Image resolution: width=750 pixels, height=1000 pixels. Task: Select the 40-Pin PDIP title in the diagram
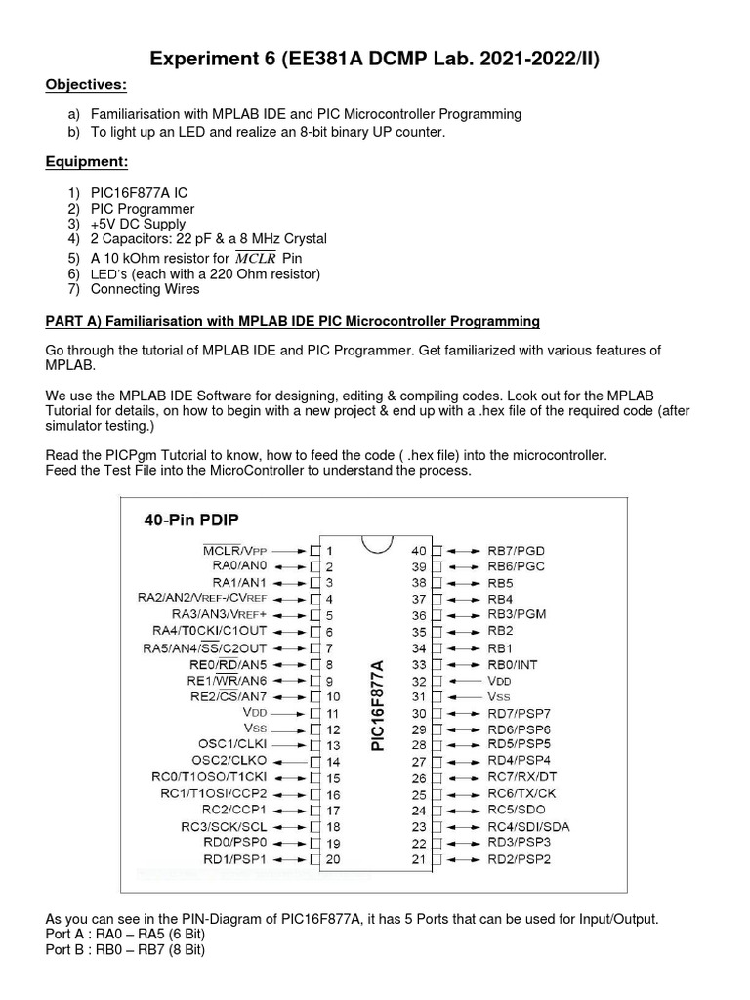tap(193, 521)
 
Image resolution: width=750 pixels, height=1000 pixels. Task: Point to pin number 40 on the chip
tap(419, 551)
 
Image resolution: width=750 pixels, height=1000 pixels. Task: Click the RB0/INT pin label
tap(515, 664)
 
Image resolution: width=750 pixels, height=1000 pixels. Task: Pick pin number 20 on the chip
tap(332, 859)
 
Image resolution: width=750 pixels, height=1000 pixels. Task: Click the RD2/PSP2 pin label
tap(520, 859)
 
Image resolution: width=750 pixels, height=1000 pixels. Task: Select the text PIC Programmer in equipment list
tap(143, 209)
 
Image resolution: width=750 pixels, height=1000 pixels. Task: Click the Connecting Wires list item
tap(145, 289)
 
